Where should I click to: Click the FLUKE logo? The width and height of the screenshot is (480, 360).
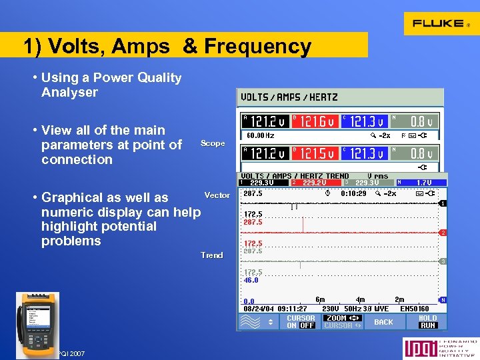(440, 23)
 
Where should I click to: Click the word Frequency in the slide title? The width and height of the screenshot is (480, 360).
(257, 47)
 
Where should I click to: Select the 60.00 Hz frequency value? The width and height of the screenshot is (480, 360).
(261, 135)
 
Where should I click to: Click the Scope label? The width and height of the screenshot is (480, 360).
(213, 143)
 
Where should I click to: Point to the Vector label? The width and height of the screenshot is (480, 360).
(217, 195)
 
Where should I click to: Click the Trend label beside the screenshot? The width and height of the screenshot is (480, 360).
(212, 255)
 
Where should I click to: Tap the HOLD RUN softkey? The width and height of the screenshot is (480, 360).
(428, 321)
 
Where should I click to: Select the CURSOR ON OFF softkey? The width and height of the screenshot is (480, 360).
(301, 321)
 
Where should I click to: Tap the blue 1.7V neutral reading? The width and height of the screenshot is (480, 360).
(424, 182)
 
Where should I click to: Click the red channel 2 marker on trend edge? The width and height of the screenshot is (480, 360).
(443, 233)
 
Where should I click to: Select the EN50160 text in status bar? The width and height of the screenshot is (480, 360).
(414, 309)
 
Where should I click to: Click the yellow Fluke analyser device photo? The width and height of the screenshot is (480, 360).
(37, 319)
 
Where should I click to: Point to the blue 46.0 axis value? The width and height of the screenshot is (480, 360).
(251, 281)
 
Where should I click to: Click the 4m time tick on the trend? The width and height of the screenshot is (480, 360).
(361, 301)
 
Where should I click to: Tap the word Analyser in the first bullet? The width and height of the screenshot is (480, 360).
(69, 93)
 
